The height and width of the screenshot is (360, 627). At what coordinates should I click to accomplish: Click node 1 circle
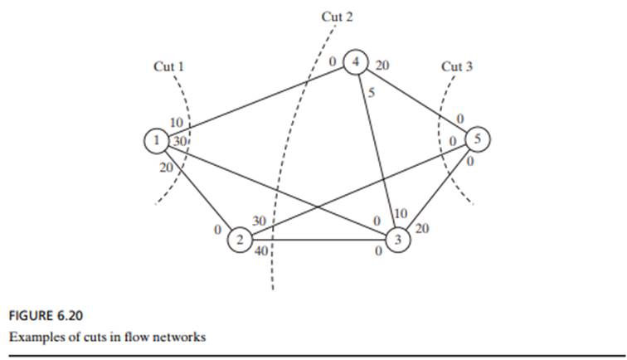point(156,141)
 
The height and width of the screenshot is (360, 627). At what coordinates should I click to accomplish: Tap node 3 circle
point(397,241)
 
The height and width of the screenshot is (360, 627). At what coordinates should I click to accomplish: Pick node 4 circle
point(356,62)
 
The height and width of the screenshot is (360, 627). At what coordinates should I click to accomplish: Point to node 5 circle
point(479,140)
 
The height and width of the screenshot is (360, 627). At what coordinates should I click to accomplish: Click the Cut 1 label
point(169,66)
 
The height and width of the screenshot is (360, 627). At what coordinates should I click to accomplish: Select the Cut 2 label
point(337,17)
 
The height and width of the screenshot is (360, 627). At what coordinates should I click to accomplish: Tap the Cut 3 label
point(457,66)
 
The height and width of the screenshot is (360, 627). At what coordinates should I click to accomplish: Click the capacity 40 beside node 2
point(261,252)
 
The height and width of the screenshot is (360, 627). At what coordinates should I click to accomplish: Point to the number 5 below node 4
point(372,93)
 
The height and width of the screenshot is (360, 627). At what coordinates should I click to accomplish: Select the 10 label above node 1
point(176,124)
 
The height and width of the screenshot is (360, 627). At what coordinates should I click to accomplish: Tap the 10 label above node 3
point(401,214)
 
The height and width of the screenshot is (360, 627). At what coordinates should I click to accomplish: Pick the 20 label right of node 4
point(382,64)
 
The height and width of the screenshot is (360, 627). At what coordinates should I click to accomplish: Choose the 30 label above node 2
point(259,221)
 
